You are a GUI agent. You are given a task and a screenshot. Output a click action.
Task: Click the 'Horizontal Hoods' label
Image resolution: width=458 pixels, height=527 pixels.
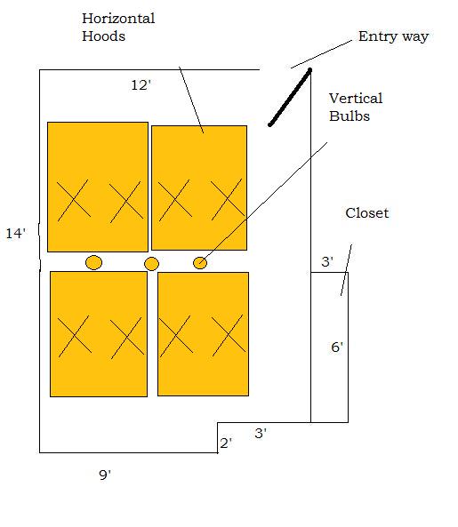point(118,28)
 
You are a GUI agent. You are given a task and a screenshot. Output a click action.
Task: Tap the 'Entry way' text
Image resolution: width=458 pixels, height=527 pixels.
point(393,36)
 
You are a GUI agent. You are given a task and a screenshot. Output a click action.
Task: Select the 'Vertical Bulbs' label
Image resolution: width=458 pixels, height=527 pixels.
point(356,108)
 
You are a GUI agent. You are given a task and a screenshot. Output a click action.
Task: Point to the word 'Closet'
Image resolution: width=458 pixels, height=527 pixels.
point(367,213)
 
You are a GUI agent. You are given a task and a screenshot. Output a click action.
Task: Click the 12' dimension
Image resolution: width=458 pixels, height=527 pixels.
point(141,85)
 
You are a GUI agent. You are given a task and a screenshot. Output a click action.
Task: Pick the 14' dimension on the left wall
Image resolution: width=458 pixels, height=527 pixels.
point(16,233)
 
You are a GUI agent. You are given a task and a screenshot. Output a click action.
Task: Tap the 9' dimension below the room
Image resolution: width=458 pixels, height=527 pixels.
point(105,475)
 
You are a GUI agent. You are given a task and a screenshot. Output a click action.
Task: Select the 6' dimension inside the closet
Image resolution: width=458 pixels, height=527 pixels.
point(337,347)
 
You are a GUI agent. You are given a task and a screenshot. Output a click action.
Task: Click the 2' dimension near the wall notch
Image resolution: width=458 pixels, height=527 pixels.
point(226,443)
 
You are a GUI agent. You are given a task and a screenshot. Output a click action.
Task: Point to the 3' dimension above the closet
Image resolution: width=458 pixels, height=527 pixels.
point(327,261)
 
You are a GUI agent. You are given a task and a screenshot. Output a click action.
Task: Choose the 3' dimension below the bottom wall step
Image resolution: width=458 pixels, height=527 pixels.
point(261,433)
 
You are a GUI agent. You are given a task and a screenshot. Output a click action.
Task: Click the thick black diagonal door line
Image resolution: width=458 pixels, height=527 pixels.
point(290,98)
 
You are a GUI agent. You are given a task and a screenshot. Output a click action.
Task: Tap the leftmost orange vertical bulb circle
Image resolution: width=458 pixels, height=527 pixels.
point(93,262)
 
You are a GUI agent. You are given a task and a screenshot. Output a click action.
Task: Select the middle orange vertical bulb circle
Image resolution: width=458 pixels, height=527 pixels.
point(151,264)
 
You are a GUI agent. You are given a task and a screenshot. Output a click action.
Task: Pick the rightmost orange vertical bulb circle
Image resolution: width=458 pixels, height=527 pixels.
point(200,263)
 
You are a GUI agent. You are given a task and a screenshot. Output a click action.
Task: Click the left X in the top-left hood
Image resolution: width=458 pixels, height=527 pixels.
point(74,200)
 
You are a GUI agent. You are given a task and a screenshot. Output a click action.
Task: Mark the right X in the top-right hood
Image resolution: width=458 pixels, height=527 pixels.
point(228,199)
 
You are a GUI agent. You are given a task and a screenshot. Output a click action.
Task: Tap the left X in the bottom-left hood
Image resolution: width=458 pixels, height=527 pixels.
point(75,336)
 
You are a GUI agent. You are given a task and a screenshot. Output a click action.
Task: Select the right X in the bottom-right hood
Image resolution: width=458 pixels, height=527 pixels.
point(229,335)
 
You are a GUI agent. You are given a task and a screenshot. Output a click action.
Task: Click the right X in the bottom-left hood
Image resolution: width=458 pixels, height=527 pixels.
point(126,338)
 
